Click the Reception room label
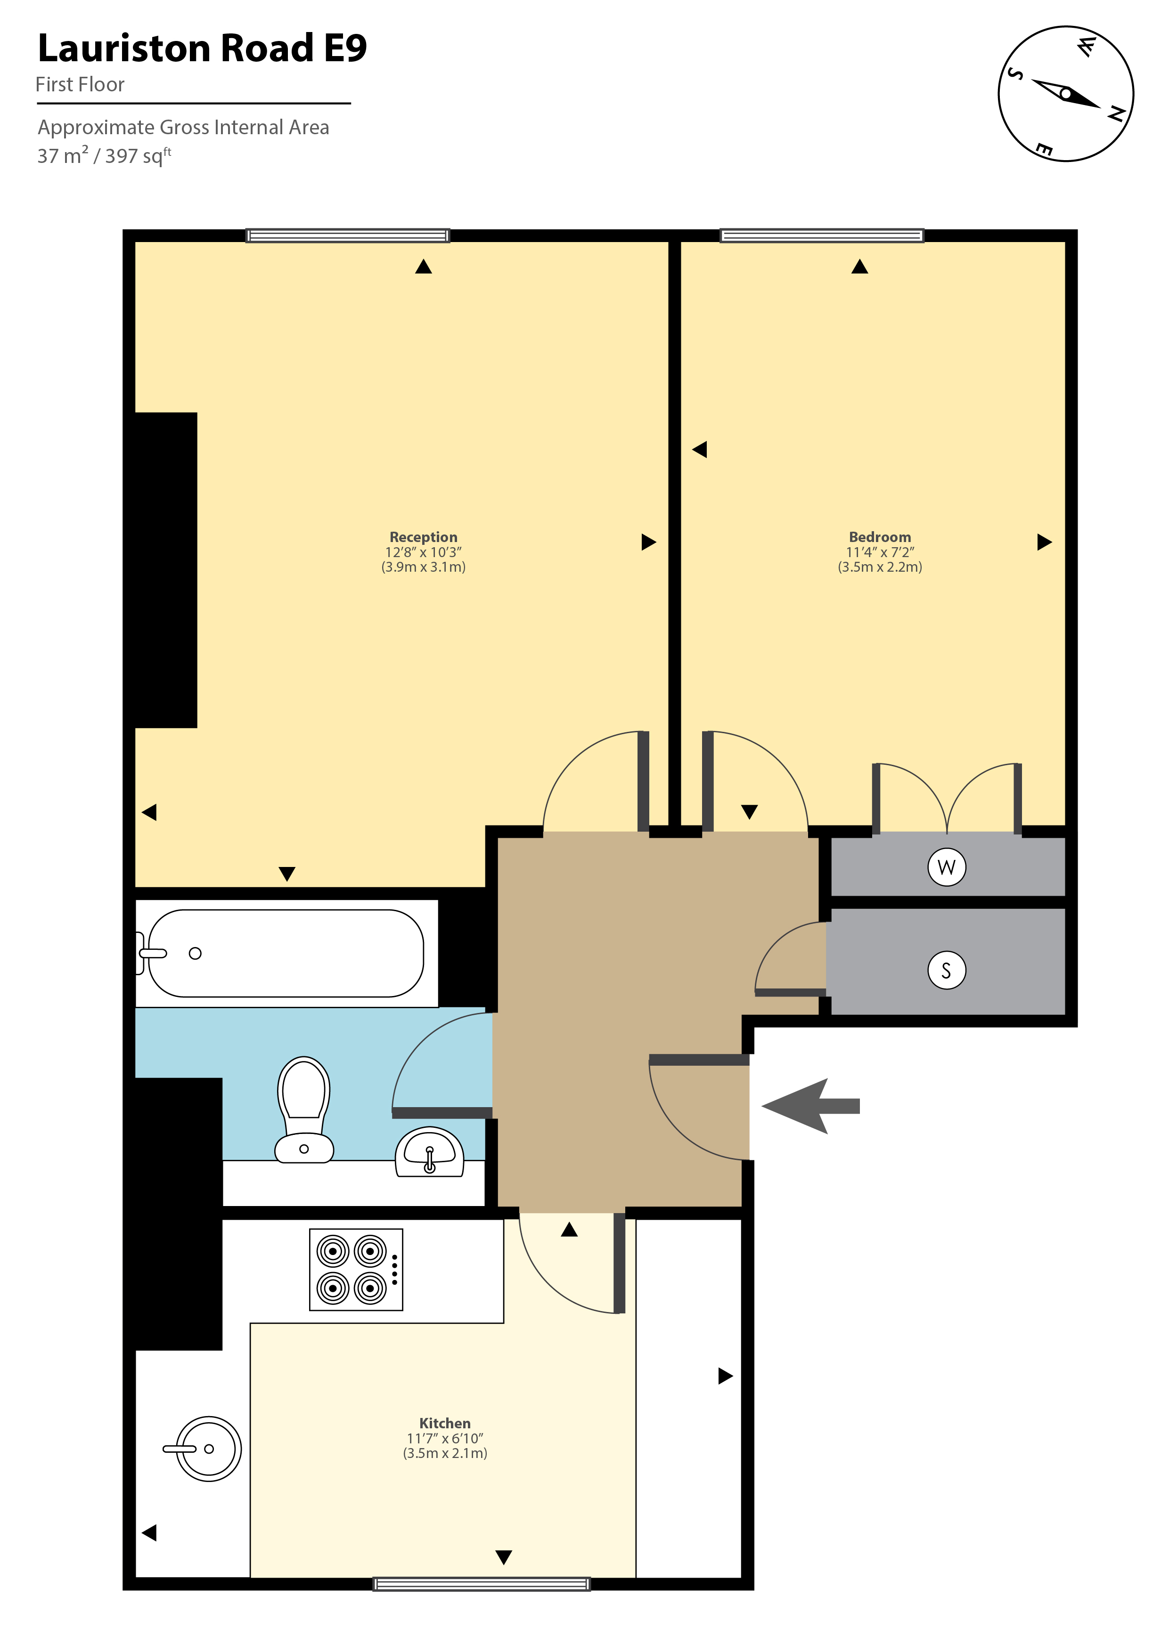point(423,537)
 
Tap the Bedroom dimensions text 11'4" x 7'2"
point(880,552)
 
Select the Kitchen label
point(445,1423)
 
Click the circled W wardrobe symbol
point(947,867)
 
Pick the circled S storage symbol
point(947,971)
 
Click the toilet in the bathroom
point(304,1109)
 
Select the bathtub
point(286,953)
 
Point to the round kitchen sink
point(209,1449)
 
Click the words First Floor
point(80,85)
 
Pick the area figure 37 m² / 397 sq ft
point(105,155)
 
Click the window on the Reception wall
point(348,235)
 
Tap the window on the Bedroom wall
point(821,235)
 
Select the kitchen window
point(482,1584)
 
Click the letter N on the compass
point(1116,113)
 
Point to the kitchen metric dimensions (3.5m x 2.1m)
point(445,1453)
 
